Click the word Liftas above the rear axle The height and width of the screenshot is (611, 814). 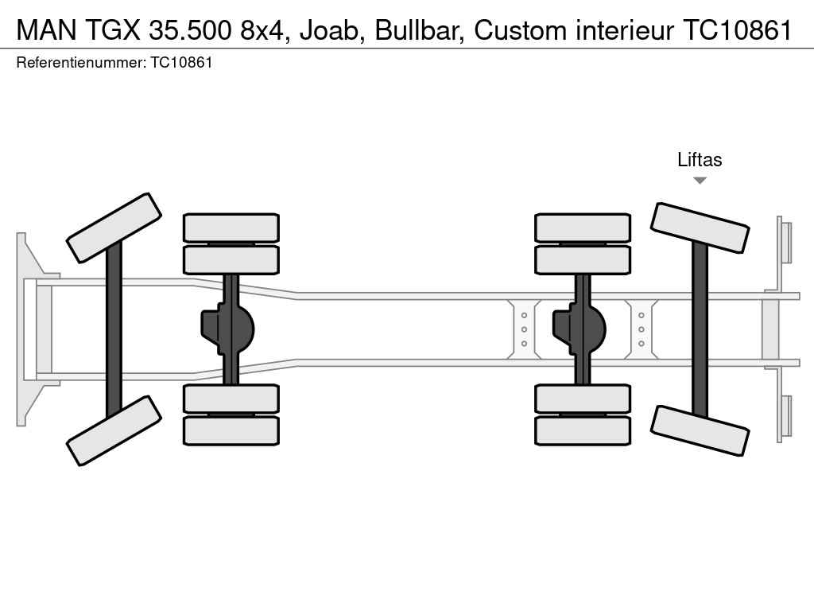click(x=700, y=159)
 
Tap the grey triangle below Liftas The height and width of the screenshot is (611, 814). click(x=700, y=181)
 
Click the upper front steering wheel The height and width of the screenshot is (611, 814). click(x=114, y=228)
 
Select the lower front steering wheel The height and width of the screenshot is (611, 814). click(x=114, y=430)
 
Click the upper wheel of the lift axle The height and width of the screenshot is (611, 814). click(x=700, y=228)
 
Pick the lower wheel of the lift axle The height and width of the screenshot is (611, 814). click(x=700, y=430)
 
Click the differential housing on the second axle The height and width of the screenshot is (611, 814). click(x=228, y=329)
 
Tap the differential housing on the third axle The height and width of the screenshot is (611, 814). click(x=579, y=329)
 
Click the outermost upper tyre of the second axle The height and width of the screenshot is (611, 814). click(x=231, y=228)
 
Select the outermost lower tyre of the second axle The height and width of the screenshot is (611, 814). click(x=231, y=430)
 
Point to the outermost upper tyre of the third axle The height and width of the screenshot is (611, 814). click(x=583, y=228)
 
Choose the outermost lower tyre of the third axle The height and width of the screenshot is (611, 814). click(x=583, y=430)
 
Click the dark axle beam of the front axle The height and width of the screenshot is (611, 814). click(x=114, y=329)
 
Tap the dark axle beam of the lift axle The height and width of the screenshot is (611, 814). click(x=700, y=329)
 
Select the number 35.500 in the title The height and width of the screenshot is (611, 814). click(x=189, y=30)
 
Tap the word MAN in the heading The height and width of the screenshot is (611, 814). click(x=47, y=30)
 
